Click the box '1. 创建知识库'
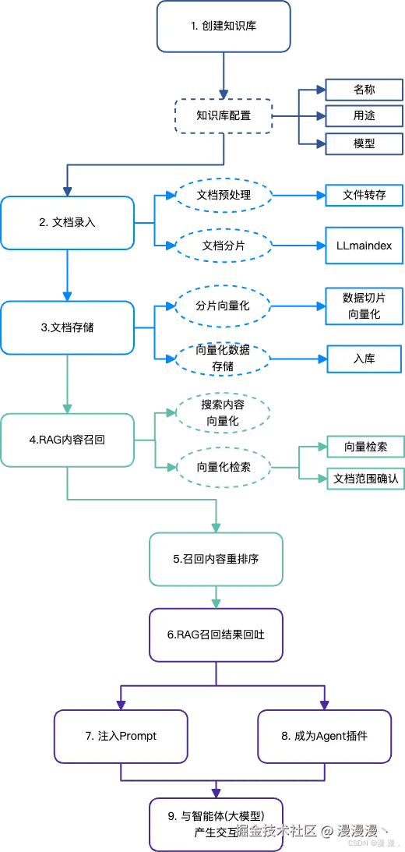pyautogui.click(x=224, y=26)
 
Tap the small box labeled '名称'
pyautogui.click(x=364, y=90)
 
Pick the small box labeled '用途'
pyautogui.click(x=364, y=117)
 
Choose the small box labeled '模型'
pyautogui.click(x=364, y=143)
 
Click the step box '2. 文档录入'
pyautogui.click(x=68, y=222)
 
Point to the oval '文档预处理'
pyautogui.click(x=224, y=195)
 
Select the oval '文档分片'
pyautogui.click(x=224, y=245)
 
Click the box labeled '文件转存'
pyautogui.click(x=364, y=195)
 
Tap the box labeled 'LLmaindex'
pyautogui.click(x=364, y=246)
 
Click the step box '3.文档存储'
pyautogui.click(x=68, y=327)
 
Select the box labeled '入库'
pyautogui.click(x=364, y=359)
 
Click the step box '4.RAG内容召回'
pyautogui.click(x=68, y=440)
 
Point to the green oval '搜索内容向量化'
pyautogui.click(x=224, y=413)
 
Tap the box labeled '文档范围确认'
pyautogui.click(x=364, y=478)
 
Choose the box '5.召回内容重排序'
pyautogui.click(x=216, y=559)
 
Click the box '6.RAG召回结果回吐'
pyautogui.click(x=216, y=635)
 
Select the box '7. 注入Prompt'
pyautogui.click(x=121, y=736)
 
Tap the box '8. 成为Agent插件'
pyautogui.click(x=324, y=736)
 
